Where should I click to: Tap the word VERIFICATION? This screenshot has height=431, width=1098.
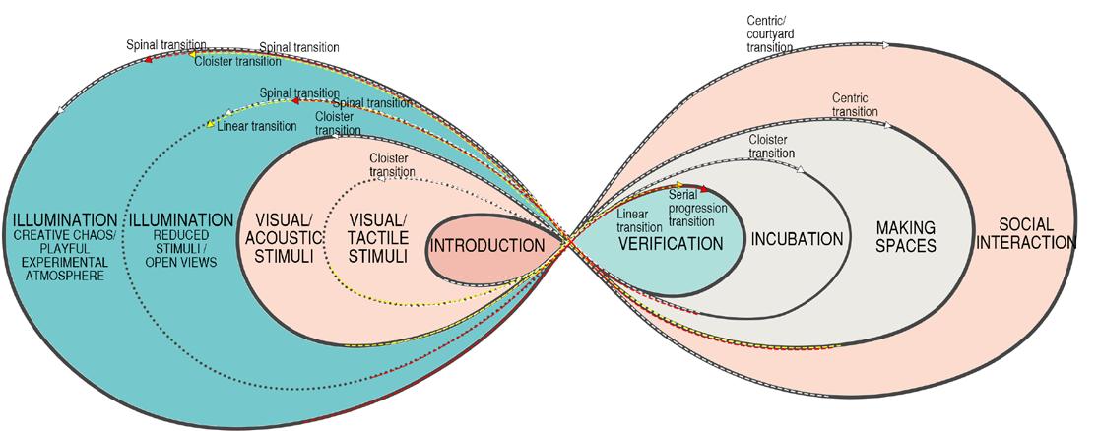670,243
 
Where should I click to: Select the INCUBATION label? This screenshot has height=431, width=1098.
797,239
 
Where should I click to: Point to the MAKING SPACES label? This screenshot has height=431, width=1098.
905,236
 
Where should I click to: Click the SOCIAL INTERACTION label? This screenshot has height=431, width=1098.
1030,233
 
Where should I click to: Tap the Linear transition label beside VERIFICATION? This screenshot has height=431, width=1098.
640,218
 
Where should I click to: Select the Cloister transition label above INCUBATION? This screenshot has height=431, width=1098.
772,147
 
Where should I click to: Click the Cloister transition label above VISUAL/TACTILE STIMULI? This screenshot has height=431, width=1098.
392,165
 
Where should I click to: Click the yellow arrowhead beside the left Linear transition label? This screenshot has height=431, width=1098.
210,125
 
